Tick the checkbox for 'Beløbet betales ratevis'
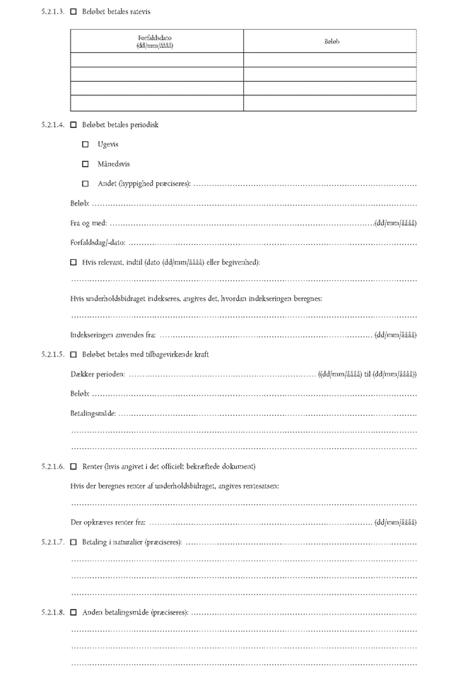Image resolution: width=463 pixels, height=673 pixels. pos(74,12)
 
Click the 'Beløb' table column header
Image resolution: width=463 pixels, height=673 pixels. pos(331,42)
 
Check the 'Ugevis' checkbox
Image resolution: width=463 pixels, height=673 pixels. pos(86,145)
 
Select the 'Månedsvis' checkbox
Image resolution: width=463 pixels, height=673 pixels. pos(86,165)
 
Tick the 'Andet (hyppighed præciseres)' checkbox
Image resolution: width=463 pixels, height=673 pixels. pos(86,184)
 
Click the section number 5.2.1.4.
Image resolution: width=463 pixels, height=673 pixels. pos(53,125)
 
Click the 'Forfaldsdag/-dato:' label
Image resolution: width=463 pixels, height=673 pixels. pos(98,243)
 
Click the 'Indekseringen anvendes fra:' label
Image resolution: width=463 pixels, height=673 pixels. pos(113,335)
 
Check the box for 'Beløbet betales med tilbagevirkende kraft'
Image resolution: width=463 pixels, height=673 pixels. pos(74,355)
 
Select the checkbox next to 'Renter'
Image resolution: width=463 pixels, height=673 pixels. pos(74,467)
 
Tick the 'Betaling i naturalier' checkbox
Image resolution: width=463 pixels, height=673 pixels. pos(74,542)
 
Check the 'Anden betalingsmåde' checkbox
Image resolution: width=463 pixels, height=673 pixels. pos(74,612)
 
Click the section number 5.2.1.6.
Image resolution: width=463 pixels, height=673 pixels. pos(53,467)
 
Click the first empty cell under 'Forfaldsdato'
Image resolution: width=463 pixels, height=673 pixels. pos(157,60)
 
